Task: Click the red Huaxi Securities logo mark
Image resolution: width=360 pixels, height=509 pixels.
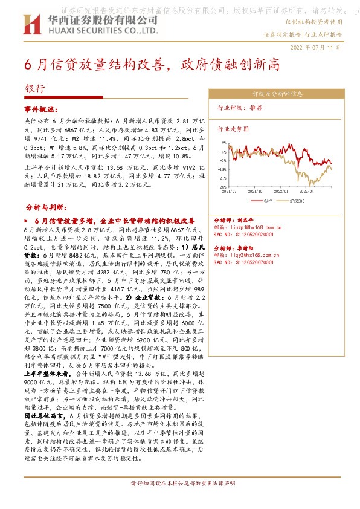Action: tap(31, 24)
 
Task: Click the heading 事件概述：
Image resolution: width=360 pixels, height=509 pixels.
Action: tap(43, 109)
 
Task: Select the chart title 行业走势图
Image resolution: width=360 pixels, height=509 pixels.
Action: tap(233, 128)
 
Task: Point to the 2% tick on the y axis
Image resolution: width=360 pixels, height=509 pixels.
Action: tap(224, 143)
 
